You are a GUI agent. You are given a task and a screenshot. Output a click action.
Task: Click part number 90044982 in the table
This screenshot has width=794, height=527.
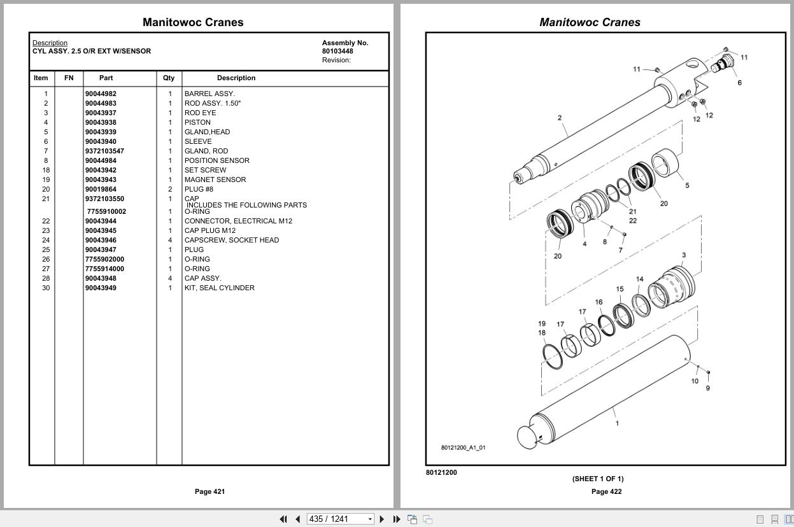(x=101, y=94)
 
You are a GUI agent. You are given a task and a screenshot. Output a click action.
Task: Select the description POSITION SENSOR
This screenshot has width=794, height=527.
(x=216, y=160)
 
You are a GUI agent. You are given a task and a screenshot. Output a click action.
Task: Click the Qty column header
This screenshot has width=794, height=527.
(x=168, y=78)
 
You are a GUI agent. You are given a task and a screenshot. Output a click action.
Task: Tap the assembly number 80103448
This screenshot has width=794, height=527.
(x=337, y=52)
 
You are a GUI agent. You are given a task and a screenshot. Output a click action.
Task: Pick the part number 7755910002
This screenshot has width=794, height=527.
(x=106, y=211)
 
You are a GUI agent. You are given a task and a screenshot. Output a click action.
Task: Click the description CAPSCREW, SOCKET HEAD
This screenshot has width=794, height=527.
(x=231, y=240)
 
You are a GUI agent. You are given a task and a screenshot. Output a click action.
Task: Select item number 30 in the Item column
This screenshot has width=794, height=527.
(x=46, y=288)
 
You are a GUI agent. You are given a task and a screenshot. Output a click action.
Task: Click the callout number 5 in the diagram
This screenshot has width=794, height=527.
(x=687, y=185)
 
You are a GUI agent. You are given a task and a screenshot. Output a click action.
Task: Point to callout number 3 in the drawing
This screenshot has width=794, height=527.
(x=684, y=255)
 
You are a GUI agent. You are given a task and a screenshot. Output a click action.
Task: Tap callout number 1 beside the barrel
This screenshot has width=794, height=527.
(x=616, y=423)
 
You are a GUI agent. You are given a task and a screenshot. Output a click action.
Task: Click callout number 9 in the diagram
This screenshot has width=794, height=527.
(x=707, y=388)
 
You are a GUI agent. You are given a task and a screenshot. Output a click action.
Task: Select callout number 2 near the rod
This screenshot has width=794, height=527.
(x=559, y=118)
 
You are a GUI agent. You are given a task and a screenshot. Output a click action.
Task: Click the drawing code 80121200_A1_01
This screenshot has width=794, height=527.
(x=463, y=447)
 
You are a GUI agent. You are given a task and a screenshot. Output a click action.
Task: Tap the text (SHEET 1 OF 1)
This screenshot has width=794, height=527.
(x=597, y=479)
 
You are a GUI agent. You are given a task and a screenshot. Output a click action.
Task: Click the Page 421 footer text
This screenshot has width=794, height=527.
(x=209, y=491)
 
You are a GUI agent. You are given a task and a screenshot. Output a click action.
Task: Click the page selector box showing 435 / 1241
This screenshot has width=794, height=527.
(x=340, y=519)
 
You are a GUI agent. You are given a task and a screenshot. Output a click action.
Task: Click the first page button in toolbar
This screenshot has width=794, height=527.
(x=283, y=519)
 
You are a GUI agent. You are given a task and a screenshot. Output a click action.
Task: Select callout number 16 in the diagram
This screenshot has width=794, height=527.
(x=599, y=302)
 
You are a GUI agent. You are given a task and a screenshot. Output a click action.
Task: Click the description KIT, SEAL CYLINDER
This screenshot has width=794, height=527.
(x=219, y=288)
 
